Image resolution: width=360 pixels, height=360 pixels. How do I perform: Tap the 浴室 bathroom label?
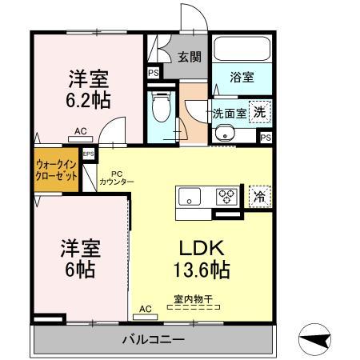(x=242, y=78)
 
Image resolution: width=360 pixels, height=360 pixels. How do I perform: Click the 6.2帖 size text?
(x=89, y=101)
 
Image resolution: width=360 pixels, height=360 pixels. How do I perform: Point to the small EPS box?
(x=89, y=154)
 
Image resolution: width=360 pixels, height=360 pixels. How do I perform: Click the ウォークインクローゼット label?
(x=56, y=170)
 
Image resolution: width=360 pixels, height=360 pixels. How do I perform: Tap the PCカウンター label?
(x=117, y=178)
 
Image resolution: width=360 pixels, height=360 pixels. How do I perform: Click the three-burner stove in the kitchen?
(x=226, y=196)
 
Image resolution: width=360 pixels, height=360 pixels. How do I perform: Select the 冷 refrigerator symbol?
(x=258, y=195)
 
